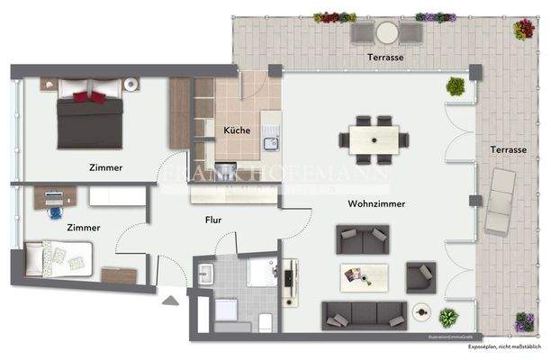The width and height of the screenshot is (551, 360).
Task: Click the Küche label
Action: [237, 130]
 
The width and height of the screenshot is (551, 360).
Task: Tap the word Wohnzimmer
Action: [376, 204]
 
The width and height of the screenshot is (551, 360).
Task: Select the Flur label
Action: [212, 219]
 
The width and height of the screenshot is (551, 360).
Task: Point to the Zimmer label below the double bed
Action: [106, 167]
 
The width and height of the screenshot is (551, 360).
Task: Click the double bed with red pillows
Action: [90, 120]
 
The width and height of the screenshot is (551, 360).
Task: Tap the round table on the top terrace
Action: [387, 32]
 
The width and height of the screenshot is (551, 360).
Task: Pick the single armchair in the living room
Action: [420, 277]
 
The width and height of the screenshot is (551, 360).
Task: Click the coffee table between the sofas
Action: [364, 277]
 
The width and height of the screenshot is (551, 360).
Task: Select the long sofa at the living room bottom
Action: [364, 315]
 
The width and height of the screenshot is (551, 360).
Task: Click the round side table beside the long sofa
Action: [420, 311]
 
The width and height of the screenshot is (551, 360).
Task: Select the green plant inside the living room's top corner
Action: [456, 86]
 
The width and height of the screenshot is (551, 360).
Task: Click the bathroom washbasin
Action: [205, 273]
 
